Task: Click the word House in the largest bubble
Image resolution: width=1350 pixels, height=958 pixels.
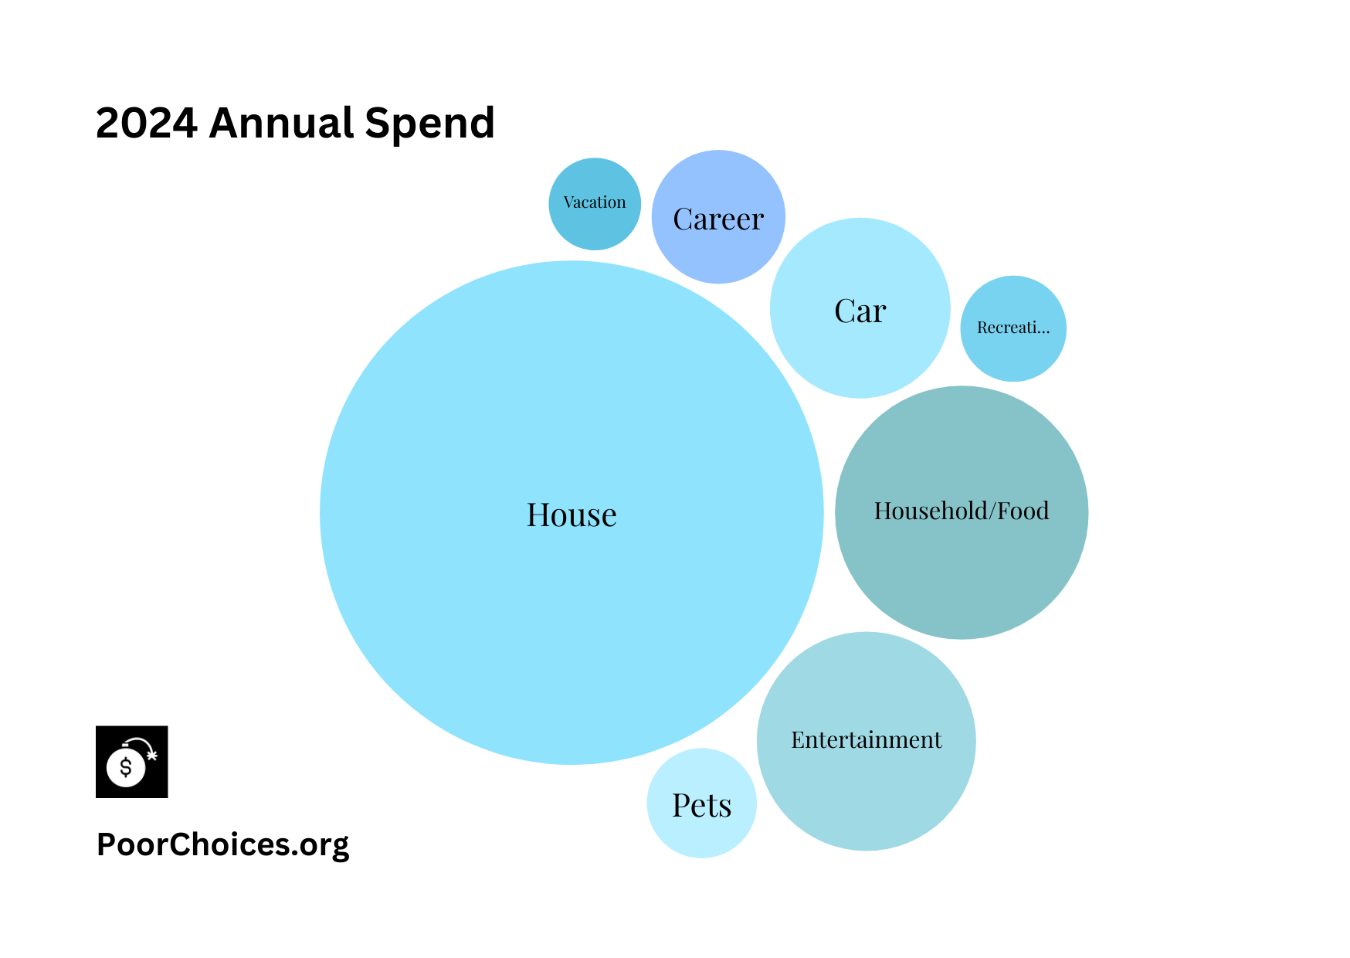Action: pos(572,515)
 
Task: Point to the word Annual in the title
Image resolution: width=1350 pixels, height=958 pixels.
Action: pos(281,123)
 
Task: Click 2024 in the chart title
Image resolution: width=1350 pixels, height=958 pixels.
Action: pos(147,123)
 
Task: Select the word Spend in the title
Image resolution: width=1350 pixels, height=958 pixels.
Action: pos(429,123)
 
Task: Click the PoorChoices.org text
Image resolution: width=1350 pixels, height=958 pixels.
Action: pos(222,844)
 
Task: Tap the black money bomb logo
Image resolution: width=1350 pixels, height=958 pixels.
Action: pos(132,762)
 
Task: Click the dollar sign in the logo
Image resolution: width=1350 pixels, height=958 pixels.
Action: pos(126,767)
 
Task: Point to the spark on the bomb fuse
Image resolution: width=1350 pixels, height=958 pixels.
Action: pos(152,754)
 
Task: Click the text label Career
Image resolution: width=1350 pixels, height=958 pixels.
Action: pos(718,219)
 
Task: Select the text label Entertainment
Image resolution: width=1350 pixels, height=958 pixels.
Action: pos(866,740)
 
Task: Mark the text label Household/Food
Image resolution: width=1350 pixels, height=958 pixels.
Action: pos(962,511)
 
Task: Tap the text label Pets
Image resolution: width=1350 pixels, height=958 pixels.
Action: pos(701,806)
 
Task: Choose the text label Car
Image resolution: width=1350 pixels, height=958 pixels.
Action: pos(860,311)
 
